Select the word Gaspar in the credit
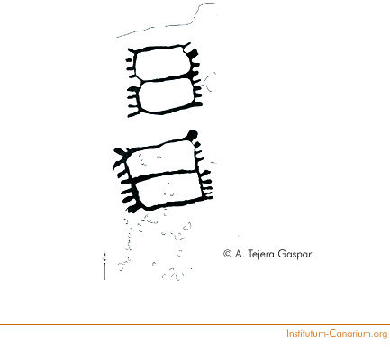tap(295, 255)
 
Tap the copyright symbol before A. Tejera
tap(228, 254)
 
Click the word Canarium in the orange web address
tap(351, 333)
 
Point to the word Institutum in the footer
tap(306, 333)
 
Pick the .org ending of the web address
tap(380, 334)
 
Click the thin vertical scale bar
tap(104, 266)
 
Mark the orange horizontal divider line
tap(195, 324)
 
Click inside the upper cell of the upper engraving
tap(162, 64)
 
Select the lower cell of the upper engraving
tap(167, 95)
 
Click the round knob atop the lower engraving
tap(192, 134)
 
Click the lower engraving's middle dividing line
tap(165, 175)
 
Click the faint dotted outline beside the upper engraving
tap(210, 82)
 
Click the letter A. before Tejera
tap(239, 254)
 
